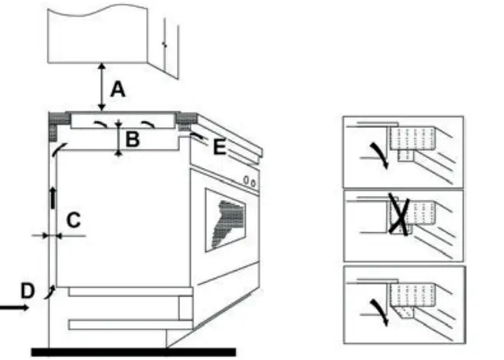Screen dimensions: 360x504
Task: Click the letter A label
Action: (x=116, y=90)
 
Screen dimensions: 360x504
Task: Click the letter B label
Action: (x=133, y=139)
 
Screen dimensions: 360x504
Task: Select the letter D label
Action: (x=27, y=291)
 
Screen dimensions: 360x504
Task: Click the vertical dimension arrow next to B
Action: (x=118, y=138)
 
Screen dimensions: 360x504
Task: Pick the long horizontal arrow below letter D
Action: (x=15, y=308)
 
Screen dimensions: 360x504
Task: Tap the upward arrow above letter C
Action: (x=53, y=195)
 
